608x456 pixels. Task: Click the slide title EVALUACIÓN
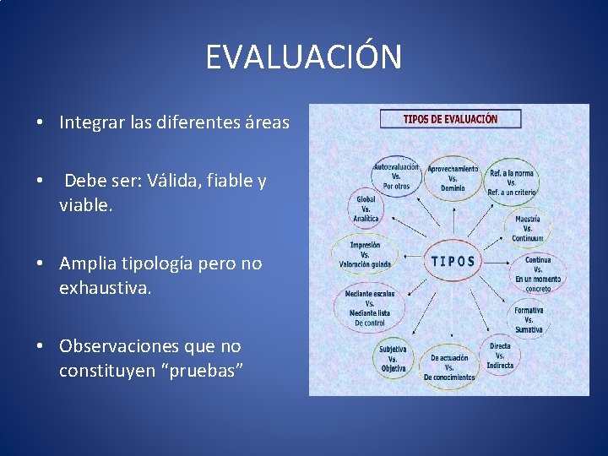pyautogui.click(x=304, y=58)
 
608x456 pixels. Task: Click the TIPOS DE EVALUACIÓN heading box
pyautogui.click(x=450, y=119)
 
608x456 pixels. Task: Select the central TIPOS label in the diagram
pyautogui.click(x=453, y=261)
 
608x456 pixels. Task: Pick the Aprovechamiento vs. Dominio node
pyautogui.click(x=453, y=176)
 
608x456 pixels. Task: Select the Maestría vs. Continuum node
pyautogui.click(x=527, y=229)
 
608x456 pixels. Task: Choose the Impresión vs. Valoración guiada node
pyautogui.click(x=365, y=254)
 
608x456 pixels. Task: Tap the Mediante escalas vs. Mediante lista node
pyautogui.click(x=369, y=308)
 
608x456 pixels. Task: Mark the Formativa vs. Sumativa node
pyautogui.click(x=529, y=319)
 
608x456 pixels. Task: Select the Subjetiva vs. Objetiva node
pyautogui.click(x=393, y=357)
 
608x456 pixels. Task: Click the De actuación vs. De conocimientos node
pyautogui.click(x=448, y=367)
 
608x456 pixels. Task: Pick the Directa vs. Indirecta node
pyautogui.click(x=500, y=356)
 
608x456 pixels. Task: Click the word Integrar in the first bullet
pyautogui.click(x=86, y=123)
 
